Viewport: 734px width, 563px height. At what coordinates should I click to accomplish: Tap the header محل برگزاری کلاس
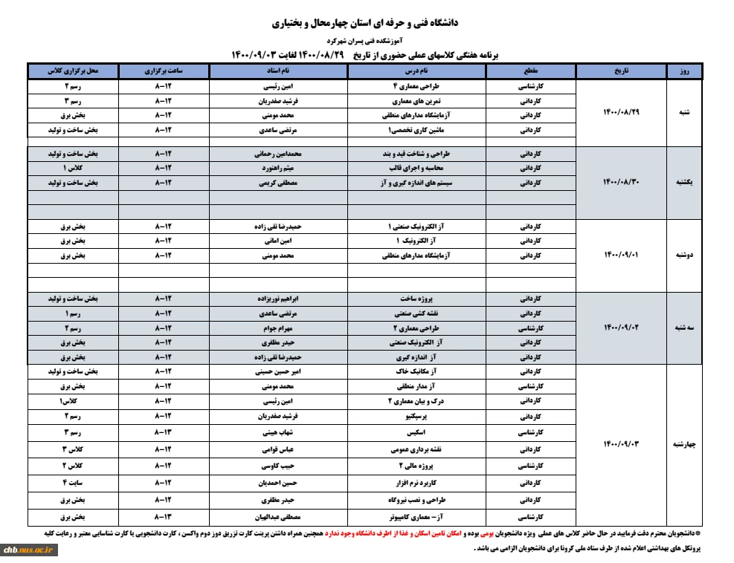(73, 71)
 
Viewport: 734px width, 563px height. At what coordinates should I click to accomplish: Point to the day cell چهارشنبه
(683, 445)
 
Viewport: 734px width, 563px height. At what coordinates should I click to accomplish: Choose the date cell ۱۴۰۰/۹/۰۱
(621, 255)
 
